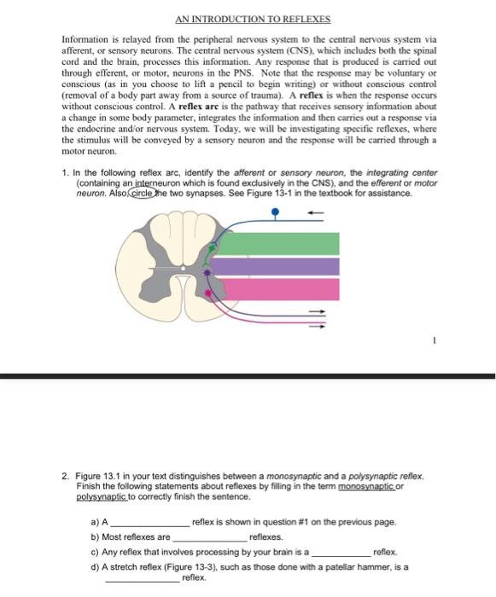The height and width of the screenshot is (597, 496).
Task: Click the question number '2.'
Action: tap(66, 476)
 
